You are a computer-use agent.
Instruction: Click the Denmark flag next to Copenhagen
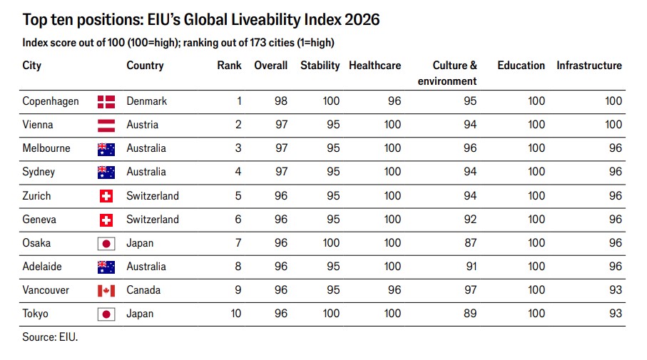pyautogui.click(x=106, y=101)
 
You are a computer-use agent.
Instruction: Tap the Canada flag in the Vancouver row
pyautogui.click(x=106, y=291)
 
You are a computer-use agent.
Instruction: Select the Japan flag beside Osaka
pyautogui.click(x=106, y=244)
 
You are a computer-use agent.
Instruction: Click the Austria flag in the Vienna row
pyautogui.click(x=106, y=125)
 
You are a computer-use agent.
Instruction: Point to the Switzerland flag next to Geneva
pyautogui.click(x=106, y=220)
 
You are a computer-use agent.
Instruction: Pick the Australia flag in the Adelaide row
pyautogui.click(x=106, y=267)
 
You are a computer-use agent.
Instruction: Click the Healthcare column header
pyautogui.click(x=375, y=66)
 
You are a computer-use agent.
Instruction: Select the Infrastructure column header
pyautogui.click(x=589, y=66)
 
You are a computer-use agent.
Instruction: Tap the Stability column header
pyautogui.click(x=320, y=66)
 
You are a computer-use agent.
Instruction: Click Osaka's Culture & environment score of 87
pyautogui.click(x=470, y=243)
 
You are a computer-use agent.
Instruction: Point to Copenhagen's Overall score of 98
pyautogui.click(x=280, y=101)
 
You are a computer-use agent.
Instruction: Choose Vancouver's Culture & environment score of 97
pyautogui.click(x=470, y=290)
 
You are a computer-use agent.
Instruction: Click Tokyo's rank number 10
pyautogui.click(x=235, y=314)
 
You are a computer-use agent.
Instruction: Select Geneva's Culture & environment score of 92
pyautogui.click(x=470, y=220)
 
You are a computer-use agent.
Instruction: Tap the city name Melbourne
pyautogui.click(x=46, y=148)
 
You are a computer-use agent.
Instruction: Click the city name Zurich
pyautogui.click(x=36, y=195)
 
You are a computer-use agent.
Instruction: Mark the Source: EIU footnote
pyautogui.click(x=50, y=337)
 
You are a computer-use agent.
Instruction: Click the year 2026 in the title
pyautogui.click(x=362, y=20)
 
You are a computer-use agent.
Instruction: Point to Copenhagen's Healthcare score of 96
pyautogui.click(x=394, y=101)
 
